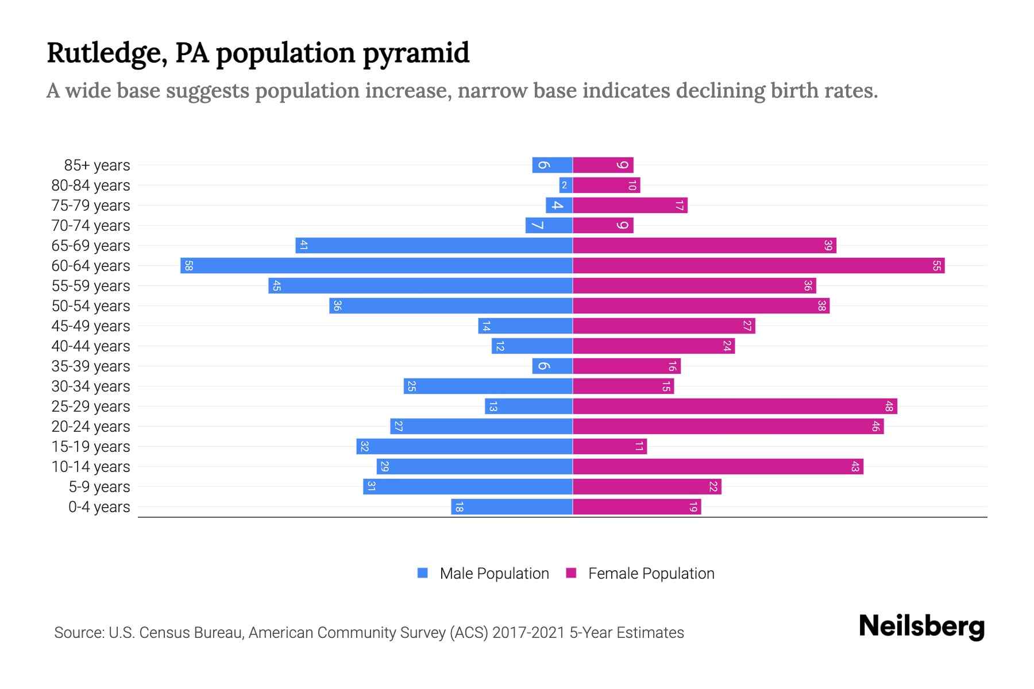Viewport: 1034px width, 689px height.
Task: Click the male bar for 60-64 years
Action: pos(376,266)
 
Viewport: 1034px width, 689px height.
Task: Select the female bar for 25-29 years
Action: pos(735,407)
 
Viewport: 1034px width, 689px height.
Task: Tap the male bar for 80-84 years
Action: pos(566,185)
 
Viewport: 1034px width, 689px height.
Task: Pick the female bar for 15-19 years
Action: pos(609,447)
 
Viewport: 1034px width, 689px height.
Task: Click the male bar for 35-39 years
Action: pos(552,366)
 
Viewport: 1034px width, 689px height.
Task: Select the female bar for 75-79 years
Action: pos(630,206)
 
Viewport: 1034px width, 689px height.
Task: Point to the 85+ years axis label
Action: pos(97,165)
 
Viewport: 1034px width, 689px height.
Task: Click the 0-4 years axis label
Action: pos(99,507)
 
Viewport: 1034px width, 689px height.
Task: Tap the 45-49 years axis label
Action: pos(91,326)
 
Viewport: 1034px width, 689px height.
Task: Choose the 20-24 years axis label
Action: pos(91,427)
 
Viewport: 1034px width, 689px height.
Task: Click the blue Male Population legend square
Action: pos(423,573)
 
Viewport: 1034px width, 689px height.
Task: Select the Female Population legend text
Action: pos(651,574)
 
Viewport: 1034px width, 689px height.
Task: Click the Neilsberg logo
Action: pos(921,626)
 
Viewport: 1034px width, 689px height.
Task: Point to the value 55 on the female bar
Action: pos(936,266)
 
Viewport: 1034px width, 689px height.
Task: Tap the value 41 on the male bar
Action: pos(304,246)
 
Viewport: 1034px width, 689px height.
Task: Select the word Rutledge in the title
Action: pos(107,53)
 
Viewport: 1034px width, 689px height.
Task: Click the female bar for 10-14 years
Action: pos(718,467)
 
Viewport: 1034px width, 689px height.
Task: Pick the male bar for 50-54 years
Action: pos(451,306)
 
